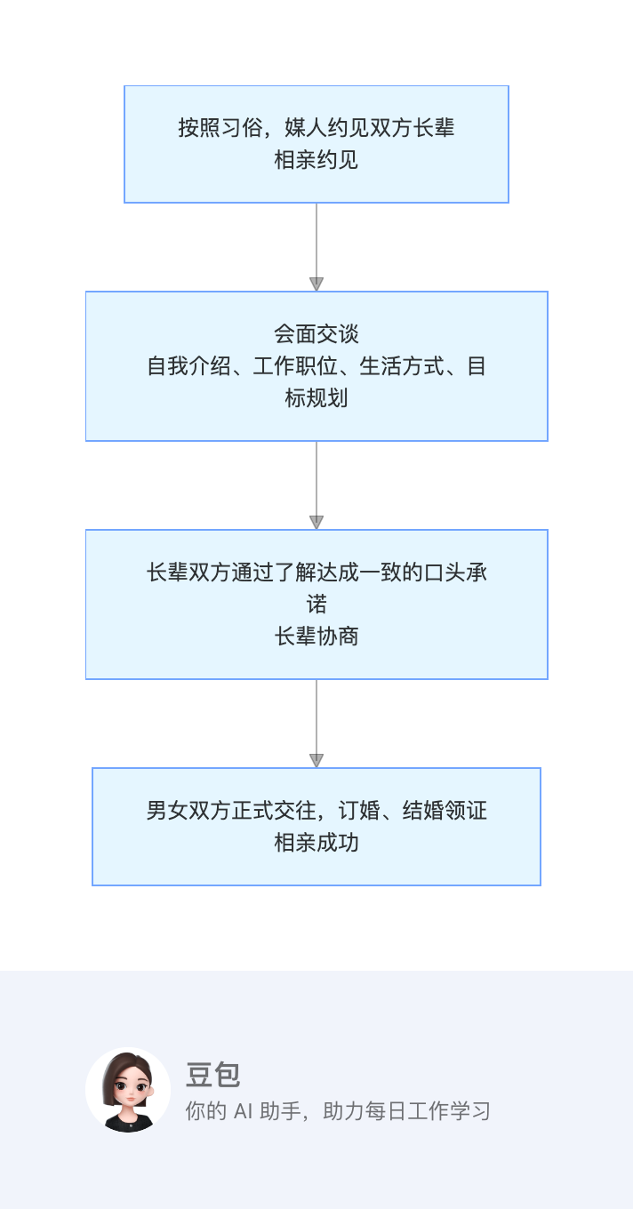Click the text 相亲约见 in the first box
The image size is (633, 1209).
coord(316,160)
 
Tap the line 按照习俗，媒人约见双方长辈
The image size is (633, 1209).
coord(316,128)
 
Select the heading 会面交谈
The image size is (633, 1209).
coord(316,334)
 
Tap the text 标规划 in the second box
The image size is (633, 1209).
coord(316,398)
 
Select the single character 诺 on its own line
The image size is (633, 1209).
coord(316,604)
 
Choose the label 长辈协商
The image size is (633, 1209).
coord(316,637)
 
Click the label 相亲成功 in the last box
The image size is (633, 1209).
coord(316,843)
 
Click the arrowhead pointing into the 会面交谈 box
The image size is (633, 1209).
coord(316,284)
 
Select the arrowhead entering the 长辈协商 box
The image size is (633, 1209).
coord(316,523)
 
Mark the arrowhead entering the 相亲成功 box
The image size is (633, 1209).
coord(316,761)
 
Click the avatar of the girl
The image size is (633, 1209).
coord(128,1090)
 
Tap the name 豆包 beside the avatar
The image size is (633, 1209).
coord(213,1075)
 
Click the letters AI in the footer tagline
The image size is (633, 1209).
coord(243,1111)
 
